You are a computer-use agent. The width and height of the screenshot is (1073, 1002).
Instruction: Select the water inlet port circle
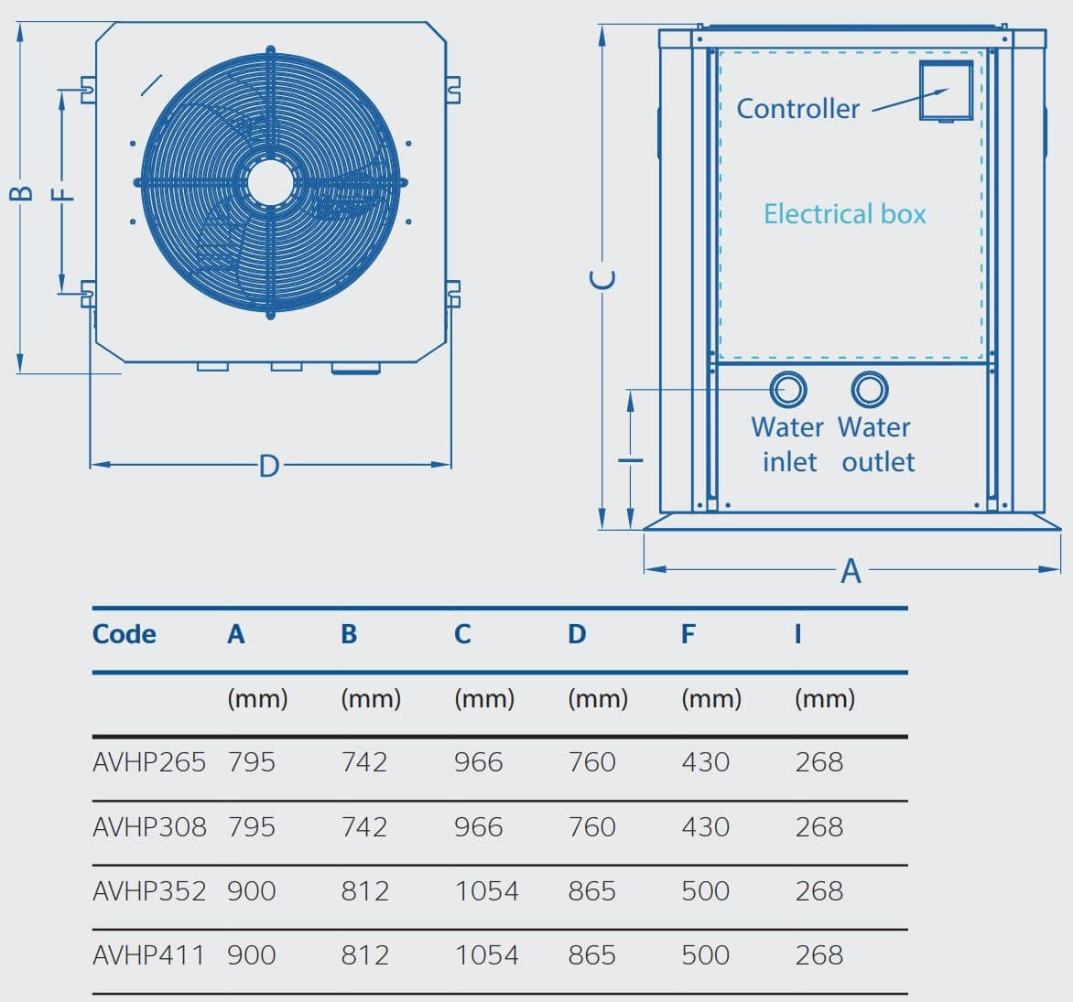(787, 390)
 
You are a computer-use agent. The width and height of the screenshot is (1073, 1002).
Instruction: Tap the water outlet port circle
(869, 390)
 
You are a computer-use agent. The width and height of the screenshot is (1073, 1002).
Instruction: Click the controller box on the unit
(946, 91)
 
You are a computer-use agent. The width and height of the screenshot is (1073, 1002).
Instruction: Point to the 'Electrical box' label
(844, 214)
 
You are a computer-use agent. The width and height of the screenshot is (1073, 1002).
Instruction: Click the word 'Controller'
(797, 109)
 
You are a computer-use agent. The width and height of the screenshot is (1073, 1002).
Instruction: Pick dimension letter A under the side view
(851, 571)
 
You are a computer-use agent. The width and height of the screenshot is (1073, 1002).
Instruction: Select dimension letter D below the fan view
(268, 467)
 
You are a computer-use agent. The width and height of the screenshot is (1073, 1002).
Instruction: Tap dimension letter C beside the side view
(602, 279)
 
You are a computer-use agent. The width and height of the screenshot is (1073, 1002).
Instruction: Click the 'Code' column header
(124, 634)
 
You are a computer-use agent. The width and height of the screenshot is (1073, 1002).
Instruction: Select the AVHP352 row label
(149, 891)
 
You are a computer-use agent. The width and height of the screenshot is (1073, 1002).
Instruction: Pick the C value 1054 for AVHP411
(486, 955)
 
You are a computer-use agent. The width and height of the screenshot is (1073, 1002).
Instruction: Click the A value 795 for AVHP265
(251, 762)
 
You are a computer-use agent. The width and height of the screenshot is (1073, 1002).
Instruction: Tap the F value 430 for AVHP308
(705, 827)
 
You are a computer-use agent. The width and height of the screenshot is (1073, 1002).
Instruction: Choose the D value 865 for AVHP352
(591, 891)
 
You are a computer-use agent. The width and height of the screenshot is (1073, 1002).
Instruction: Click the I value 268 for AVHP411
(818, 955)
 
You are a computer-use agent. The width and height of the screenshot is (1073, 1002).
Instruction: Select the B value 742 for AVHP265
(364, 762)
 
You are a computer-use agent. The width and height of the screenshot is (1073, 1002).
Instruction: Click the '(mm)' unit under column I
(824, 699)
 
